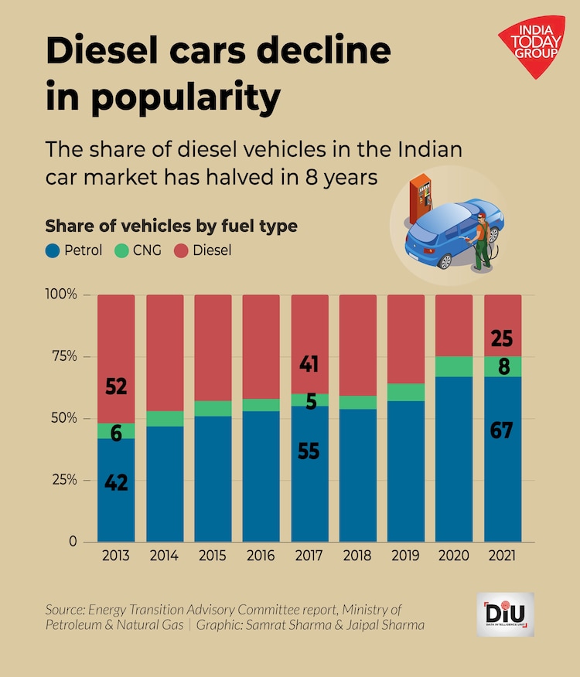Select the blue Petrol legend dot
[53, 250]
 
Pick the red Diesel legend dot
[180, 250]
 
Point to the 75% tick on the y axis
[61, 356]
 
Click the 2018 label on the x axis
[358, 556]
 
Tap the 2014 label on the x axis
[165, 556]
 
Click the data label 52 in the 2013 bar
[116, 386]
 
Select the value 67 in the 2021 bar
[502, 430]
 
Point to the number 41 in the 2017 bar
[309, 364]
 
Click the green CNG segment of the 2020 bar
[454, 366]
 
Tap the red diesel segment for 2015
[213, 348]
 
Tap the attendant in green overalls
[482, 241]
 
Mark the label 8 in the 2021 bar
[503, 366]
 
